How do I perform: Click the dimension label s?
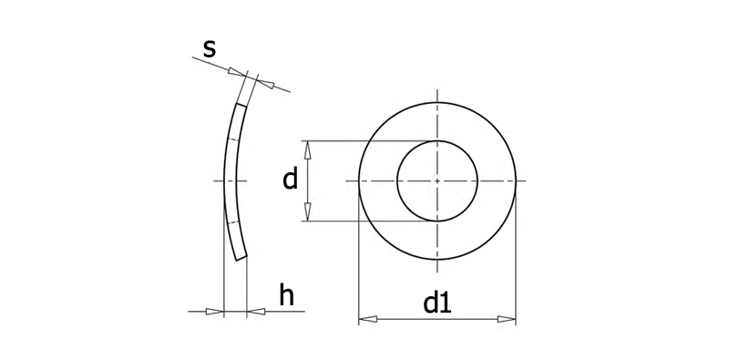[x=210, y=49]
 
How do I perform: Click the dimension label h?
[x=287, y=295]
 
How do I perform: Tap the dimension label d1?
[x=437, y=303]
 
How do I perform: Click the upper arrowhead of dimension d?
[x=307, y=149]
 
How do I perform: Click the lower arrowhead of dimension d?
[x=307, y=212]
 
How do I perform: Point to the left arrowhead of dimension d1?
[x=368, y=319]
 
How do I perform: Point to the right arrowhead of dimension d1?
[x=507, y=319]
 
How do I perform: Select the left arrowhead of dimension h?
[x=215, y=311]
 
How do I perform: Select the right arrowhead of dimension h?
[x=256, y=311]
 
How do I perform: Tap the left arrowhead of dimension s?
[x=237, y=72]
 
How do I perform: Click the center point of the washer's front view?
[x=437, y=180]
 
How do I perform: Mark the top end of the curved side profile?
[x=241, y=106]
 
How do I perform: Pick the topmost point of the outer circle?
[x=437, y=102]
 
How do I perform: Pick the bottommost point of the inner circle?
[x=437, y=221]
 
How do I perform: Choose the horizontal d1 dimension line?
[x=437, y=319]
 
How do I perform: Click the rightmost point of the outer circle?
[x=516, y=180]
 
